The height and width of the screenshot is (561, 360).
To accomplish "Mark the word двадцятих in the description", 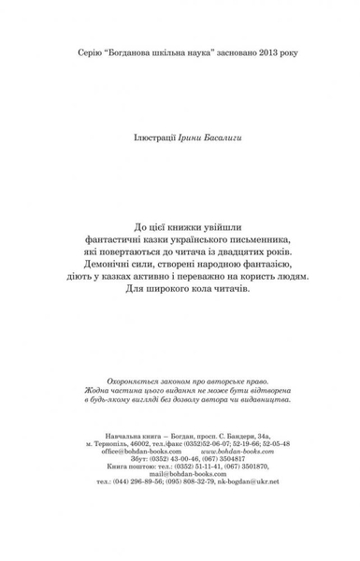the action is point(236,256).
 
